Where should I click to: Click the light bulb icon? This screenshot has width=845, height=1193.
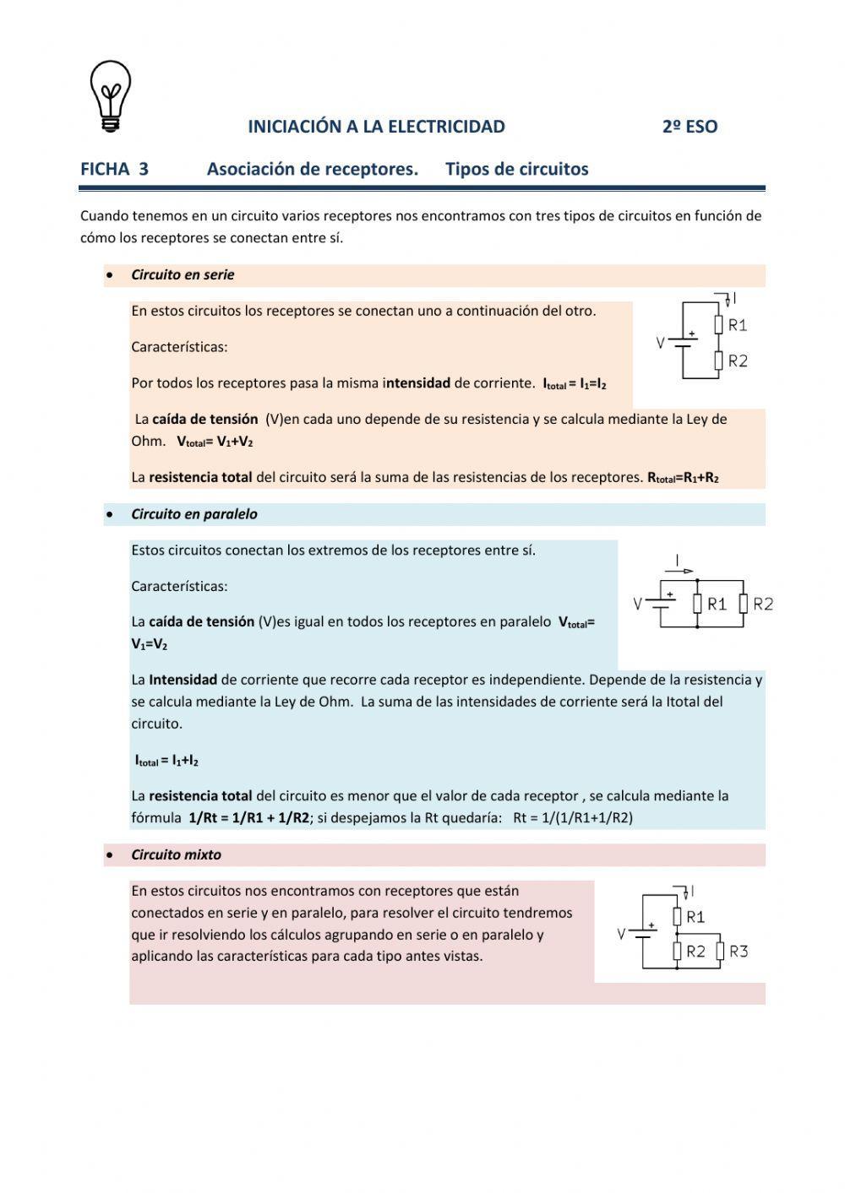pos(110,95)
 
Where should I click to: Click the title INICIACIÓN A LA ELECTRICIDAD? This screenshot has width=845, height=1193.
pos(376,127)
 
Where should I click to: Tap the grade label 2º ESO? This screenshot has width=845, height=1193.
pos(690,127)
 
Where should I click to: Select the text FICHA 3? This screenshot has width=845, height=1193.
pos(114,169)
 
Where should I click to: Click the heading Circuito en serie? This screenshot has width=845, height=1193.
pos(183,274)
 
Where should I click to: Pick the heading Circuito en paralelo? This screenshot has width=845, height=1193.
pos(194,514)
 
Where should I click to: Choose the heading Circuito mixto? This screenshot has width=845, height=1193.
pos(176,854)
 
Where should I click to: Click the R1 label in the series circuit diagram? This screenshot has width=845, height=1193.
pos(737,325)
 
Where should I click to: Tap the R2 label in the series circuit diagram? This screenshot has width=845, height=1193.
pos(737,361)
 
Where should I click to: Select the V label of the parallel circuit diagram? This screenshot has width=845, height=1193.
pos(639,604)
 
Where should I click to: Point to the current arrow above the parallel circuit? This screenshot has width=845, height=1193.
pos(683,570)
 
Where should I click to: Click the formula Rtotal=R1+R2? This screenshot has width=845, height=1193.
pos(683,478)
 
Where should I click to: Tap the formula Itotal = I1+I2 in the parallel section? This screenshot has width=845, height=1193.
pos(166,761)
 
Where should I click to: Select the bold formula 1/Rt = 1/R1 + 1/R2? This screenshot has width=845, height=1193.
pos(249,818)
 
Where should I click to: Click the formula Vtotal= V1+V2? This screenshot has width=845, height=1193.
pos(215,442)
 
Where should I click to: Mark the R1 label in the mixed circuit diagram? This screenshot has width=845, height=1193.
pos(695,917)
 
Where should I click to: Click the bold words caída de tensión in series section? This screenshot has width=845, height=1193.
pos(204,419)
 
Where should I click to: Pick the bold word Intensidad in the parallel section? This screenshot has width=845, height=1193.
pos(183,680)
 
